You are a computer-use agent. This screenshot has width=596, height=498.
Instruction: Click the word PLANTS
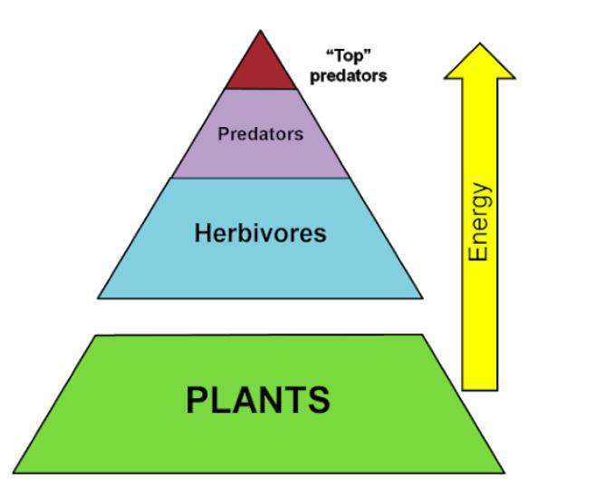(258, 400)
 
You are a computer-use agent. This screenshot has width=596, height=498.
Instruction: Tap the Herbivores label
(260, 234)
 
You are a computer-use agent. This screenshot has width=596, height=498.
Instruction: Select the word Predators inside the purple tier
(260, 133)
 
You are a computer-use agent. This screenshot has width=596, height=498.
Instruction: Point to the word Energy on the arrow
(480, 223)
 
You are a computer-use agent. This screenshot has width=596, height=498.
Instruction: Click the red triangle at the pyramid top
(260, 68)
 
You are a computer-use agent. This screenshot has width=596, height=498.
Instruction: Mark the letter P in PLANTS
(197, 400)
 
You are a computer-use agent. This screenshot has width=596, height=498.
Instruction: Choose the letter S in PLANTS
(318, 400)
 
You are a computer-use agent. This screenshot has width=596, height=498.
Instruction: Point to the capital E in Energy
(480, 254)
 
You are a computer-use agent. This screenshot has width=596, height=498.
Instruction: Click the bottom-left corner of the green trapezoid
(14, 473)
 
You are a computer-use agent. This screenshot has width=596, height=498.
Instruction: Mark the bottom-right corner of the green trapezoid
(504, 473)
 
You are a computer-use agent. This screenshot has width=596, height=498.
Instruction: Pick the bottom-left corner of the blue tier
(98, 298)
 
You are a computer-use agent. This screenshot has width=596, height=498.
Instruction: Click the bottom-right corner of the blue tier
(422, 298)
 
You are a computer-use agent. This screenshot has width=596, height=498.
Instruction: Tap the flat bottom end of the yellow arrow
(480, 389)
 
